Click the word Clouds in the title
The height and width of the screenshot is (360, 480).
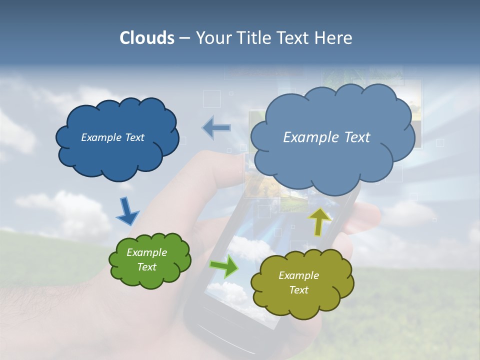[146, 38]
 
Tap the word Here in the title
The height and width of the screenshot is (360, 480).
[333, 38]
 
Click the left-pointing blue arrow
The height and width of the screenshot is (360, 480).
[216, 128]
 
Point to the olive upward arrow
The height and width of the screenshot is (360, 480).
[319, 221]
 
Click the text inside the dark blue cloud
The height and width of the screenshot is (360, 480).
[112, 137]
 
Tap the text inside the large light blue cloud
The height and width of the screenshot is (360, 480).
[326, 137]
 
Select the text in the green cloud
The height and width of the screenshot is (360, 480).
[146, 259]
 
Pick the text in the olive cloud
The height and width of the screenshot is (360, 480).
[298, 282]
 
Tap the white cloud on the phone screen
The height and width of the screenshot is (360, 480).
[245, 247]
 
